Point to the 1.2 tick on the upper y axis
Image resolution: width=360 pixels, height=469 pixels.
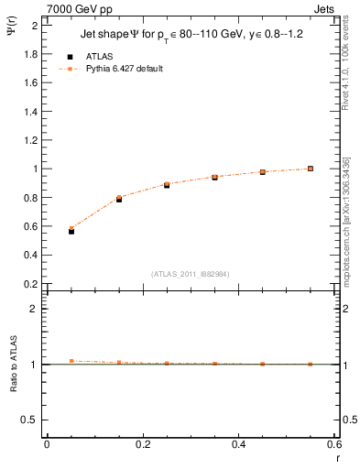(x=32, y=140)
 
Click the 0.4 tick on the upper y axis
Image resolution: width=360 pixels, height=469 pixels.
(x=32, y=255)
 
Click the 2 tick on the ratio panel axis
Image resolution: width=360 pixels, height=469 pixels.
(x=36, y=309)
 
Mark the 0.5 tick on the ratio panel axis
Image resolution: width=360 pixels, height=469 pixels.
(x=32, y=420)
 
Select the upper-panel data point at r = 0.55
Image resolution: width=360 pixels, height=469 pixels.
(x=311, y=169)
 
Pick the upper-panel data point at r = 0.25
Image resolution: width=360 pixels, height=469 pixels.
(x=167, y=185)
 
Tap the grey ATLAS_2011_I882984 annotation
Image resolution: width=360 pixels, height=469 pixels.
(x=190, y=275)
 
